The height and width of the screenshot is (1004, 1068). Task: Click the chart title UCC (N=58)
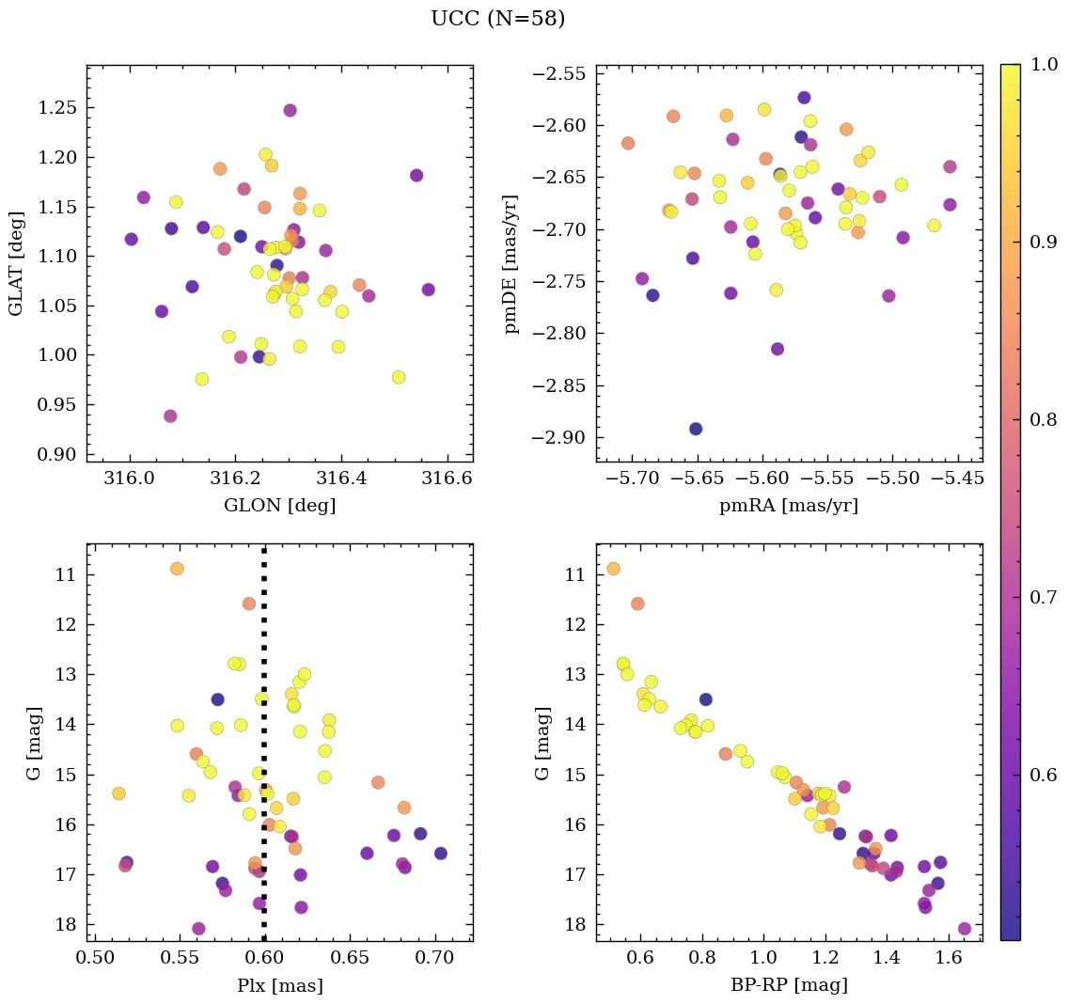tap(497, 19)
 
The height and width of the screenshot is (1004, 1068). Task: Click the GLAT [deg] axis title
tap(16, 263)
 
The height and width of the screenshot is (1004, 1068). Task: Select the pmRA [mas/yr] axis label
tap(788, 506)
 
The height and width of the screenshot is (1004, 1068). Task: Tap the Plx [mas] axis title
tap(279, 985)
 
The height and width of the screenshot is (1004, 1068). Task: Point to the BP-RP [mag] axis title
tap(789, 985)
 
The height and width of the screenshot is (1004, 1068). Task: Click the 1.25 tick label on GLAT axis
tap(56, 108)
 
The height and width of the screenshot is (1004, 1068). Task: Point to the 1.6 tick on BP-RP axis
tap(949, 959)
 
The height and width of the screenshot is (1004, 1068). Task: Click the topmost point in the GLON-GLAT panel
tap(290, 110)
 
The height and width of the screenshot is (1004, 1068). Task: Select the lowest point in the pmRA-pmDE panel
tap(696, 429)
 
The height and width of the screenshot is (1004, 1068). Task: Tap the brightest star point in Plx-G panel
tap(177, 569)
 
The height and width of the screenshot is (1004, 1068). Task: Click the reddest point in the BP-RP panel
tap(965, 929)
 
